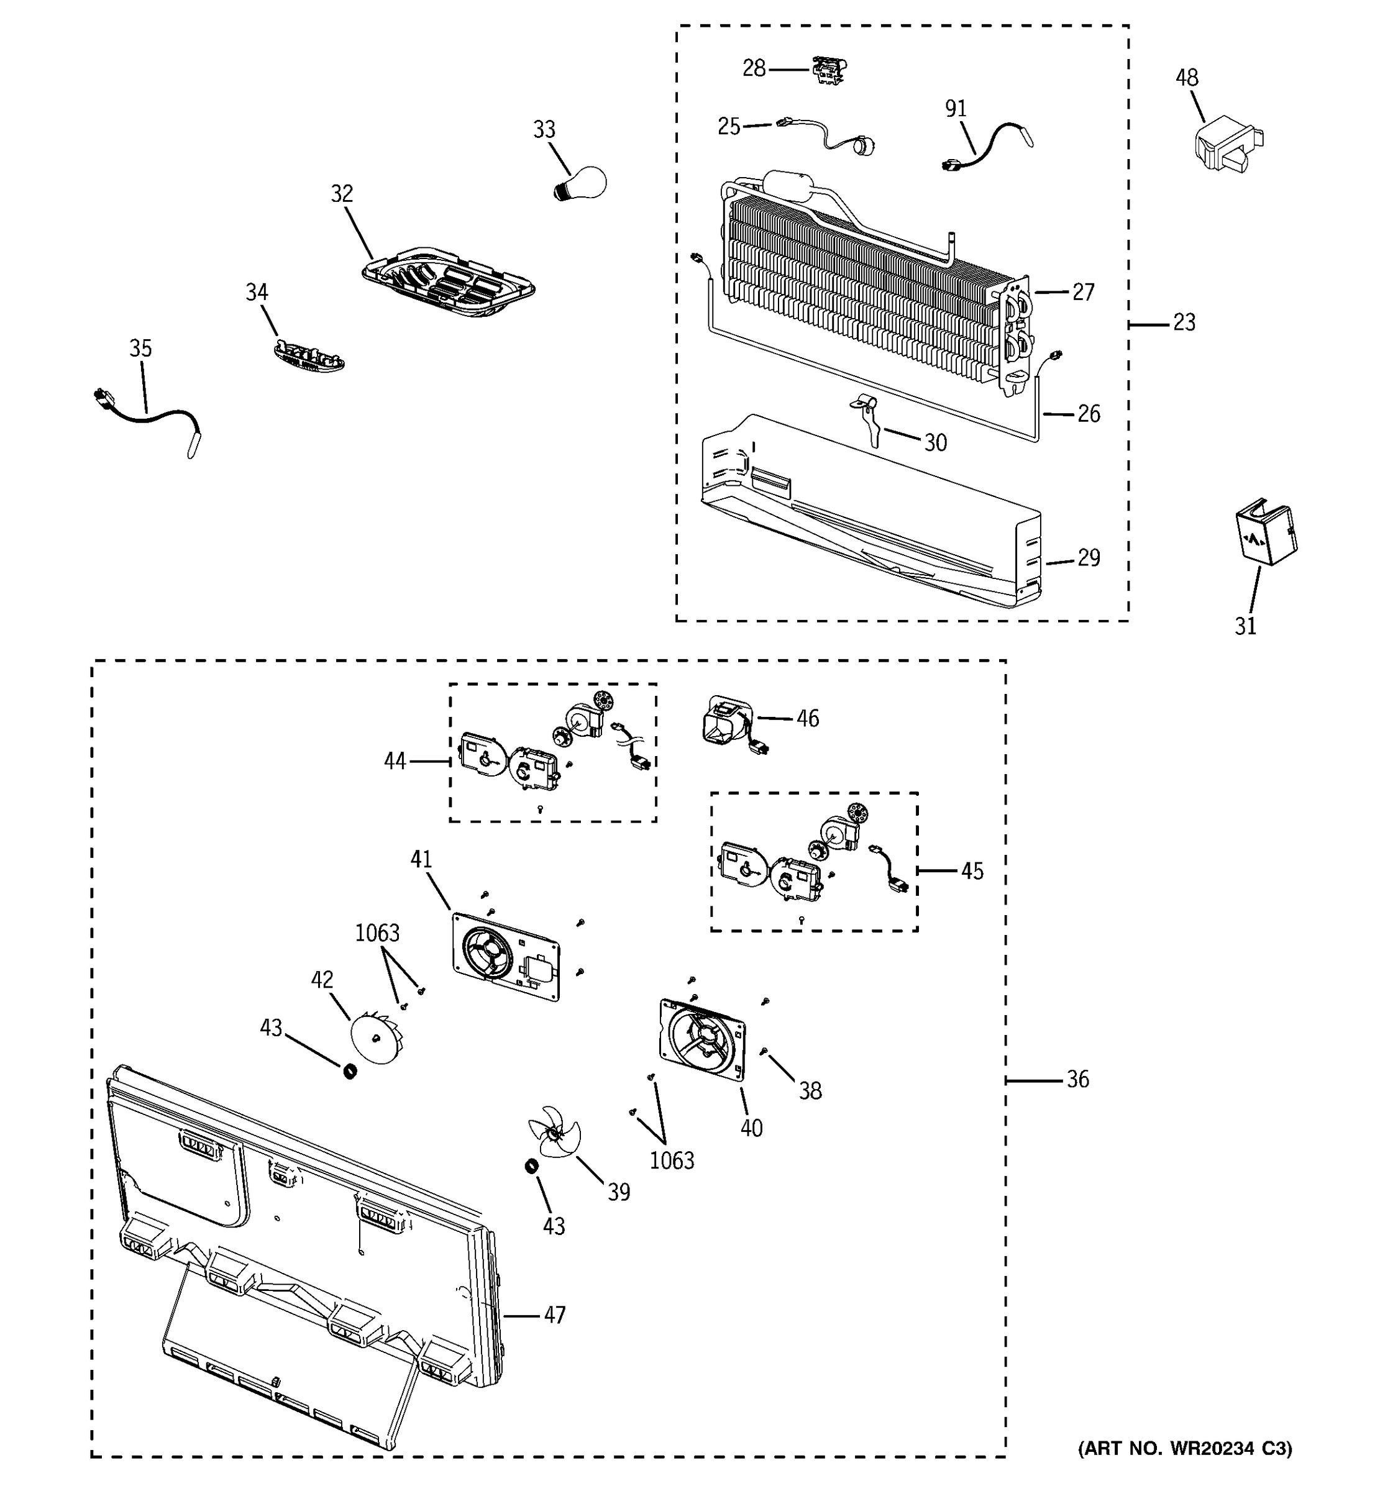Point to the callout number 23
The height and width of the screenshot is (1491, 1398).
(1184, 323)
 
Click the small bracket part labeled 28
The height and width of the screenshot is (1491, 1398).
(828, 70)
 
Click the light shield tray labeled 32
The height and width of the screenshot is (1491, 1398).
(448, 279)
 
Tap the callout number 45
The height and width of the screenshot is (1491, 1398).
(972, 872)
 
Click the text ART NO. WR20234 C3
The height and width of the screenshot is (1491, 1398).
(1185, 1469)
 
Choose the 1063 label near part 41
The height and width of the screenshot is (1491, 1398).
(377, 933)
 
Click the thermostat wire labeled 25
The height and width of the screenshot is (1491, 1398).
(825, 137)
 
